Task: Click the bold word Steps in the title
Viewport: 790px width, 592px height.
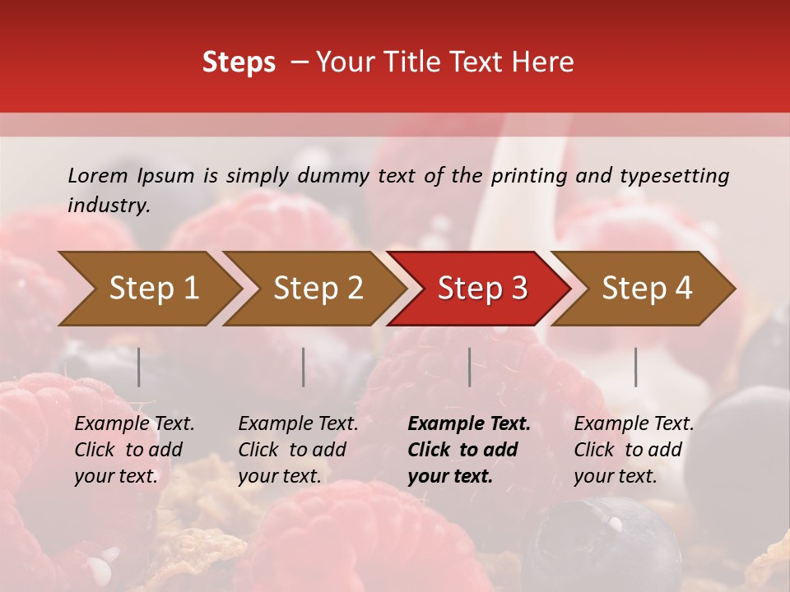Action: [x=239, y=62]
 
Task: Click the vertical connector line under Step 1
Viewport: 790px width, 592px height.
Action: [x=138, y=367]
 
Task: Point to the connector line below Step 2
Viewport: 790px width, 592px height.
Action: [x=304, y=367]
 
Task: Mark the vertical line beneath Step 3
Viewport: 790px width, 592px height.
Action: [x=470, y=367]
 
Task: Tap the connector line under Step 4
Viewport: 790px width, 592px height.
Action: [x=635, y=367]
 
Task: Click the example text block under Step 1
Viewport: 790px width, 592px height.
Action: [x=134, y=450]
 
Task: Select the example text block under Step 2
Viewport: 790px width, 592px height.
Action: [x=298, y=450]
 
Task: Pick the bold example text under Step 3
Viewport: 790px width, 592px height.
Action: [x=468, y=450]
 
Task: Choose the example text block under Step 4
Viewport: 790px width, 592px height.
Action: [x=633, y=450]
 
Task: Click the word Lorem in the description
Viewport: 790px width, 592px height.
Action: [x=97, y=176]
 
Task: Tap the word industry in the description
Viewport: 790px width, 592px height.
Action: [x=108, y=206]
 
